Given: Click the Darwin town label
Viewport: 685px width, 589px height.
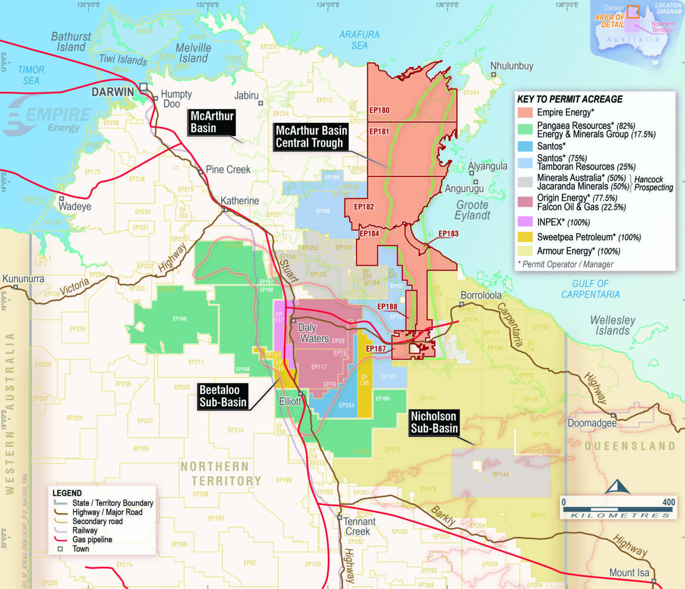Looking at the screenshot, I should coord(113,92).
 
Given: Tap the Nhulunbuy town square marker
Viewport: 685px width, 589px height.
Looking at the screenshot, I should coord(494,75).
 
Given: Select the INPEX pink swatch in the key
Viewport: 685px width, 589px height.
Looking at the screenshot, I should coord(525,222).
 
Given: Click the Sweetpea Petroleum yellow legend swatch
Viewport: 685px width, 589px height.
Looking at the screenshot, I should coord(525,237).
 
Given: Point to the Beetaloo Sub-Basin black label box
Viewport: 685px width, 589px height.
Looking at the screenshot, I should coord(223,396).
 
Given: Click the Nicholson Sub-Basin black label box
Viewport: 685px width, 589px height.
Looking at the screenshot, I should coord(433,422).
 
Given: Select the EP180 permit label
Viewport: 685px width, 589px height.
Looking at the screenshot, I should coord(380,110).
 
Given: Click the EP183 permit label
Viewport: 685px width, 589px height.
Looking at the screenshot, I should coord(448,234).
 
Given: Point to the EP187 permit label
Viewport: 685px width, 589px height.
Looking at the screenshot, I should coord(376,349).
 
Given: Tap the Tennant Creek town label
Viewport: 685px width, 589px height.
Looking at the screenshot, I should coord(360,527).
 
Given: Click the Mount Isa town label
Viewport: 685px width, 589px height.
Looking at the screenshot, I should coord(629,573).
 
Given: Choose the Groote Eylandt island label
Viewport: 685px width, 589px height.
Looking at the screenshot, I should coord(472,210).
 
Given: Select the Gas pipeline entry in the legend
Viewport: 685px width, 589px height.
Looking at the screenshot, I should coord(92,540).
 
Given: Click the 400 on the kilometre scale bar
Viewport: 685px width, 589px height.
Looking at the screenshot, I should coord(668,502).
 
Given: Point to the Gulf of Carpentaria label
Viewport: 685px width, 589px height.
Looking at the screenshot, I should coord(590,289).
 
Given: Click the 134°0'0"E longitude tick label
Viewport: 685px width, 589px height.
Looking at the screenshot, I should coord(328,5).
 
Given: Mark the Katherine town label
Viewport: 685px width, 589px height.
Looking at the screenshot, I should coord(240,201).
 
